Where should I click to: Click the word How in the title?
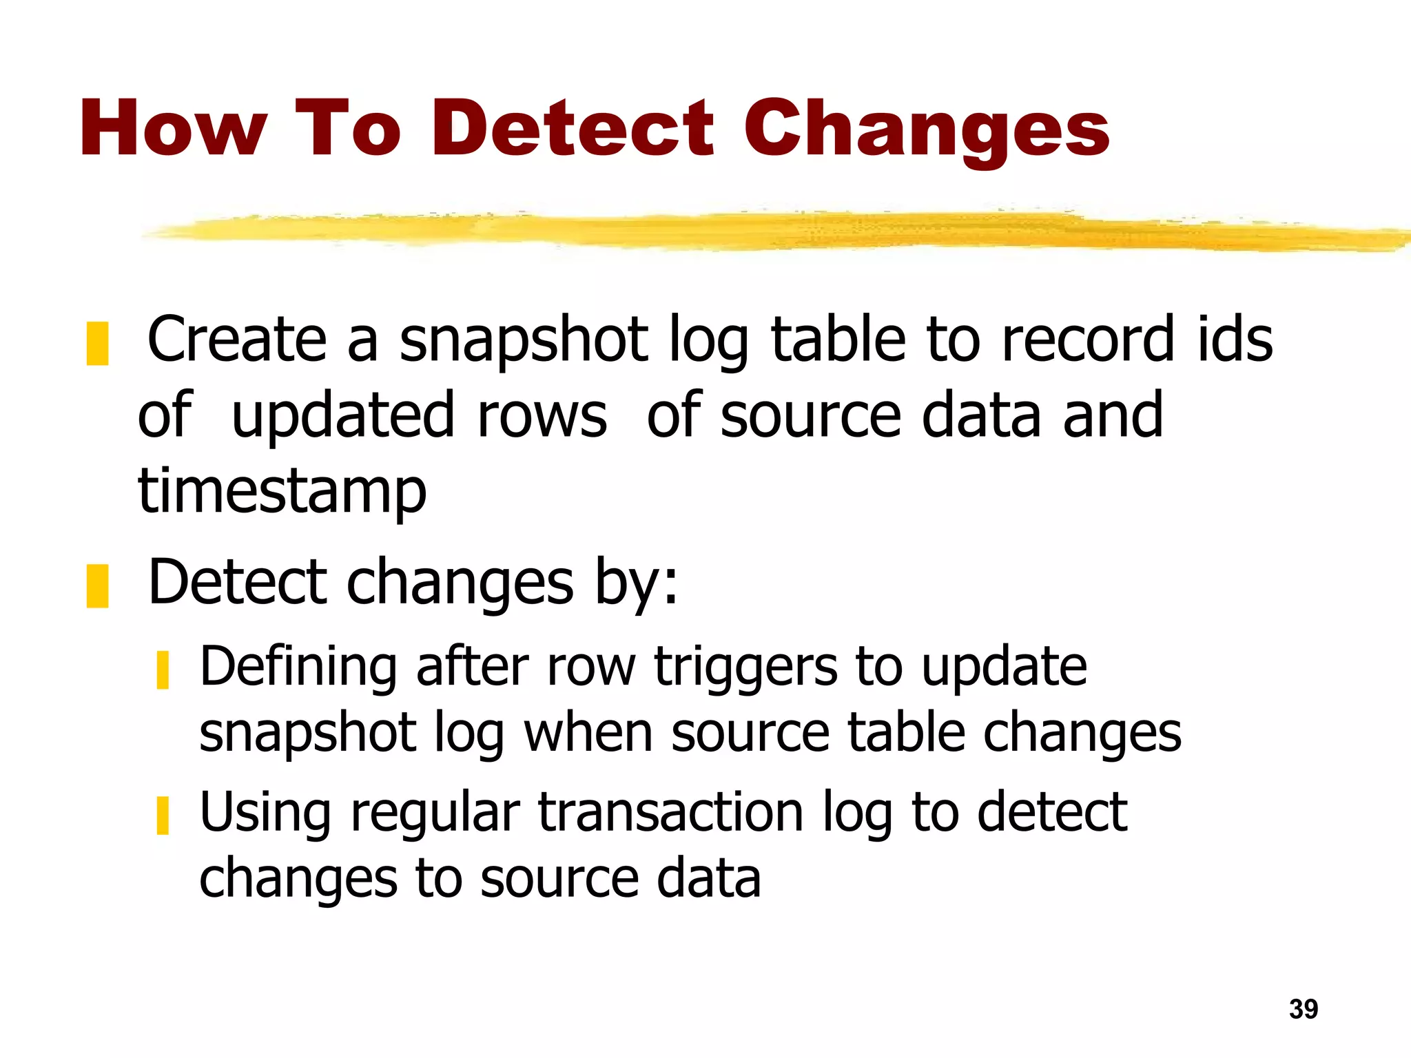pos(173,129)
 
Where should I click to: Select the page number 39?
pos(1303,1009)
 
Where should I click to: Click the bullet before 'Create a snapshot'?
pos(97,343)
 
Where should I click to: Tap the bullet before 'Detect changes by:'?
pos(97,585)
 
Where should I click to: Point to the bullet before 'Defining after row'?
pos(163,670)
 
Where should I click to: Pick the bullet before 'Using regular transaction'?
pos(163,815)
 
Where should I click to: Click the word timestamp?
pos(282,491)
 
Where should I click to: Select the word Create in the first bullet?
pos(236,339)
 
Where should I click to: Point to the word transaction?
pos(670,813)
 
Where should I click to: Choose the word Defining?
pos(298,668)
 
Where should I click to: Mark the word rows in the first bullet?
pos(542,415)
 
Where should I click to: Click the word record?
pos(1087,339)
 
